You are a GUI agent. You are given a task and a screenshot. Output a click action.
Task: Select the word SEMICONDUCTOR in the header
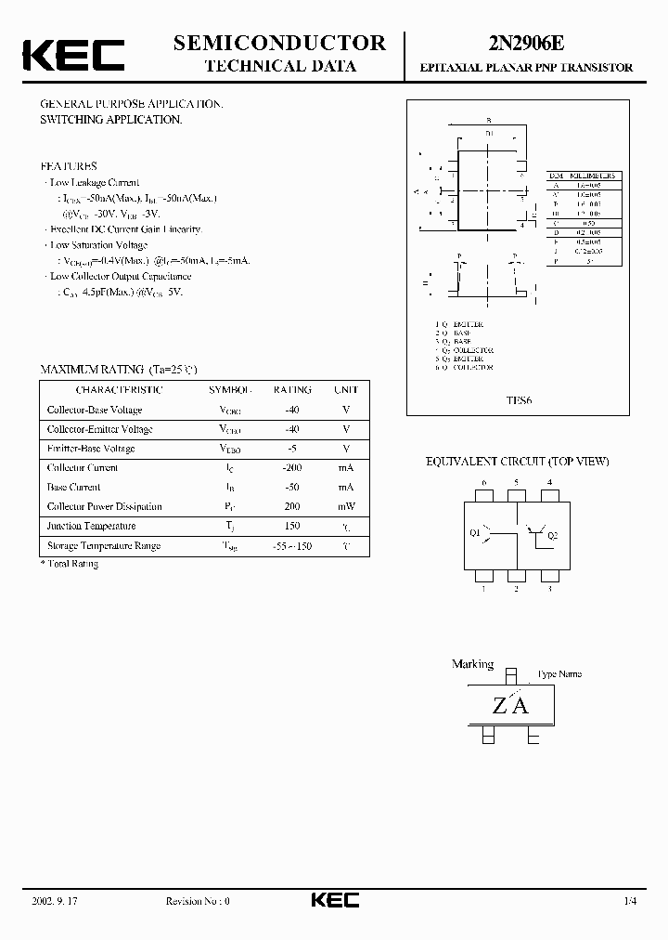(x=279, y=43)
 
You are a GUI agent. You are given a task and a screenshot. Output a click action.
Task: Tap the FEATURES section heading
(x=69, y=166)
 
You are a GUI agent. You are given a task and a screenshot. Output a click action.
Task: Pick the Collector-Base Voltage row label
(x=94, y=410)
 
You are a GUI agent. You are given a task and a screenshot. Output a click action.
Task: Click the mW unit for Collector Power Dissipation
(x=346, y=507)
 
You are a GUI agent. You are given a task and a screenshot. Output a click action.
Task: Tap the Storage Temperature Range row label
(x=103, y=546)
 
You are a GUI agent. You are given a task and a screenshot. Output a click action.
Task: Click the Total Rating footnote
(x=71, y=564)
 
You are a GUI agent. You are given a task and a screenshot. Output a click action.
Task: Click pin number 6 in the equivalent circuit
(x=483, y=482)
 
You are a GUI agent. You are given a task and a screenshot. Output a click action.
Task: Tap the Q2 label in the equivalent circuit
(x=553, y=535)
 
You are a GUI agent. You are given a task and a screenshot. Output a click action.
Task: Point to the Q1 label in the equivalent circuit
(x=475, y=534)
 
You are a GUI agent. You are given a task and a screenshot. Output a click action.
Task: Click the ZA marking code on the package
(x=509, y=706)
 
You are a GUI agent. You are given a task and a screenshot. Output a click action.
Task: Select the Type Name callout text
(x=559, y=674)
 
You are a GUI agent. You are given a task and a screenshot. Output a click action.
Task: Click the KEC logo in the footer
(x=334, y=901)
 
